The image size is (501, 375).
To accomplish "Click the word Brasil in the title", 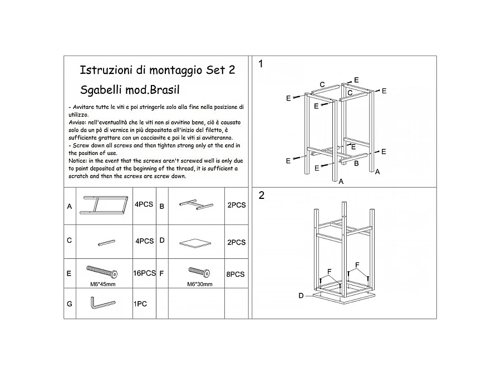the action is (165, 89).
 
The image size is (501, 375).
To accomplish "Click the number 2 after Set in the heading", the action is (232, 70).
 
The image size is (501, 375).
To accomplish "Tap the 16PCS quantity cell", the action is (144, 273).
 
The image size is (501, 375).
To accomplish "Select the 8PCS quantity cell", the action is (235, 274).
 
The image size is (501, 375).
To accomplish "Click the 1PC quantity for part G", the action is (140, 304).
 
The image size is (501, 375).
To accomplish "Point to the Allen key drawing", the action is (102, 303).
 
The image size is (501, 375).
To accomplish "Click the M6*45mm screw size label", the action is (103, 284).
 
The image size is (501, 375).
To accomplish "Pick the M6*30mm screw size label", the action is (200, 284).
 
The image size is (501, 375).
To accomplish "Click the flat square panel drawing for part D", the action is (195, 243).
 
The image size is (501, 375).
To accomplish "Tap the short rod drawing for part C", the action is (107, 243).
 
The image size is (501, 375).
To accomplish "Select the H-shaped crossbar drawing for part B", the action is (196, 204).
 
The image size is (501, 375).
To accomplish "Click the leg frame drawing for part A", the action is (104, 205).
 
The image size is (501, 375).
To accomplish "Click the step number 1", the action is (261, 64).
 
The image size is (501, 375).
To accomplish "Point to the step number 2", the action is (262, 195).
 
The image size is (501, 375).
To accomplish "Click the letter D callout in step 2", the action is (301, 296).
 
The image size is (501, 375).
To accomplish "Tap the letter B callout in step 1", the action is (356, 163).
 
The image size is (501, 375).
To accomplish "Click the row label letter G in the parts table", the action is (70, 304).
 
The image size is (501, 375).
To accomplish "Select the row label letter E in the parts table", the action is (69, 273).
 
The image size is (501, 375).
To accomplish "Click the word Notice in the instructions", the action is (77, 161).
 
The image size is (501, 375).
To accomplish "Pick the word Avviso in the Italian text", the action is (77, 122).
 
